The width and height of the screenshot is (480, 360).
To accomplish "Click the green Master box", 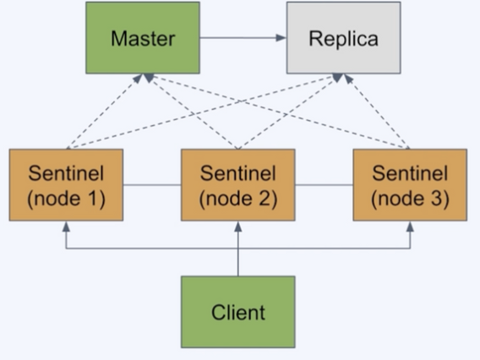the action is coord(143,38).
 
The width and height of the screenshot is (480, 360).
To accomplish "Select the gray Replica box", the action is coord(343,38).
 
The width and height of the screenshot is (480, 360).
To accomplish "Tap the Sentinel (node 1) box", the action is coord(66,185).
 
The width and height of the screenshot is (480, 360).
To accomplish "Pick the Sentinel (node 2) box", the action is coord(238,185).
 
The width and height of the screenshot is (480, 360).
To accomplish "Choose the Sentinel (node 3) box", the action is coord(410,185).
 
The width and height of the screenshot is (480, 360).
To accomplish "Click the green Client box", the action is coord(238,312).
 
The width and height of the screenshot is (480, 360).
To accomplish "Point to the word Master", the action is coord(143,39).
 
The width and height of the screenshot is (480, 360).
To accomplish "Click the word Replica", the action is coord(343,39).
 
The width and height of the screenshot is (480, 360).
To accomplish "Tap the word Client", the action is coord(238,313).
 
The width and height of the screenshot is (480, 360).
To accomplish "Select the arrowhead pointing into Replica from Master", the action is coord(281,38).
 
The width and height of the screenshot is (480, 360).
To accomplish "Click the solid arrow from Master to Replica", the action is coord(243,38).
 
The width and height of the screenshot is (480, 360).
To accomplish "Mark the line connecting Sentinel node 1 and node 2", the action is coord(152,185).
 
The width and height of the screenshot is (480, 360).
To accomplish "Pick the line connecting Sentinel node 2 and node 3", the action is coord(324,185).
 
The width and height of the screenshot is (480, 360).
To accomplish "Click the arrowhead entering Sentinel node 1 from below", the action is coord(66,226).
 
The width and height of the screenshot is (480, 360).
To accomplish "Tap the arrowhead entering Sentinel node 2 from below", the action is coord(238,226).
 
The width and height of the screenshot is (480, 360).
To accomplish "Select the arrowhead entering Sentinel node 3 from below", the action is coord(410,226).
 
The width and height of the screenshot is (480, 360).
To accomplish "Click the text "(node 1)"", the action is coord(66,199).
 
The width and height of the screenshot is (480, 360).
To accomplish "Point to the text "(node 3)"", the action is coord(410,199).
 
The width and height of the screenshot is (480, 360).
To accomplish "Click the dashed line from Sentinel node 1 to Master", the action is coord(105,112).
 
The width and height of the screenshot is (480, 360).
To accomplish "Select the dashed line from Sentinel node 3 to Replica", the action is coord(377,112).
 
